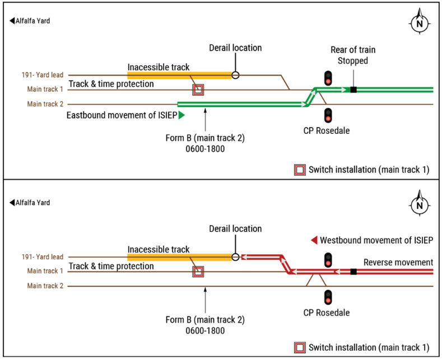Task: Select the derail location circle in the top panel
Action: (235, 75)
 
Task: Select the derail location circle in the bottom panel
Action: (235, 257)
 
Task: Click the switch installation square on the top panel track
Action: (198, 90)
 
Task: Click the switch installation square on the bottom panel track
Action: (198, 272)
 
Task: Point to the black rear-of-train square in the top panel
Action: (353, 90)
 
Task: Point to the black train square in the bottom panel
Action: (353, 272)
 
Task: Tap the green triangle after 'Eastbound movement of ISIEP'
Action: (182, 115)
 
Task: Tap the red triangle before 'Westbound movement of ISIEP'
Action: (314, 240)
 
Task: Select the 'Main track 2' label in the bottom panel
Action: (45, 286)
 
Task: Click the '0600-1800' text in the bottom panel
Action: (206, 331)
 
